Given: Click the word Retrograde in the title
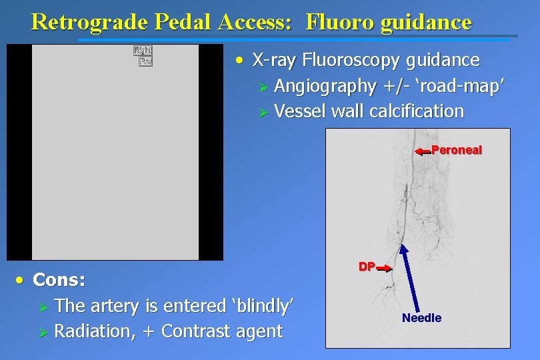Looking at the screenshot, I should [89, 22].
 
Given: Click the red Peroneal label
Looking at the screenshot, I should [457, 150].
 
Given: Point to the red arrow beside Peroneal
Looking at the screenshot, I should [423, 152].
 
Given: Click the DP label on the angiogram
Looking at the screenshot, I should [367, 267].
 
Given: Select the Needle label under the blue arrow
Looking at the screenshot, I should [421, 318].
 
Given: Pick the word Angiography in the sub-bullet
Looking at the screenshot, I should [325, 86].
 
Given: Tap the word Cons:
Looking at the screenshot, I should [59, 280].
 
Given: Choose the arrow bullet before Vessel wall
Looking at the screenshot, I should [263, 112].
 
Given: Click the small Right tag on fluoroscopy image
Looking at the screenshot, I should [143, 50].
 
